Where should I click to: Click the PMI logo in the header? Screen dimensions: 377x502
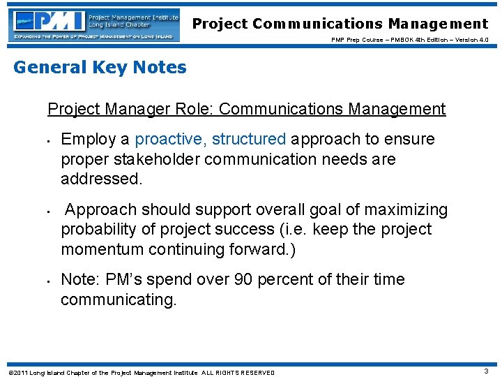(x=95, y=25)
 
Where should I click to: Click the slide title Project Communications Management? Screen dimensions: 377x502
(x=340, y=24)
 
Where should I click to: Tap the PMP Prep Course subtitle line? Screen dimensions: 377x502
(x=410, y=40)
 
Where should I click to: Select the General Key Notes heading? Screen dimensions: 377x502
(x=100, y=68)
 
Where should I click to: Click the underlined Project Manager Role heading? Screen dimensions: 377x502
(x=246, y=109)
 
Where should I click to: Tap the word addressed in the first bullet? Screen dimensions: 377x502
(x=100, y=179)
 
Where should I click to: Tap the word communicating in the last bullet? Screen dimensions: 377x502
(x=119, y=300)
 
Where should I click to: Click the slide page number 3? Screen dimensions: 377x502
(x=486, y=371)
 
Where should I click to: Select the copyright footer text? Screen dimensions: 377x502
(x=140, y=372)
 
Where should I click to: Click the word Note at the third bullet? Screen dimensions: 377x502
(x=79, y=279)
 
